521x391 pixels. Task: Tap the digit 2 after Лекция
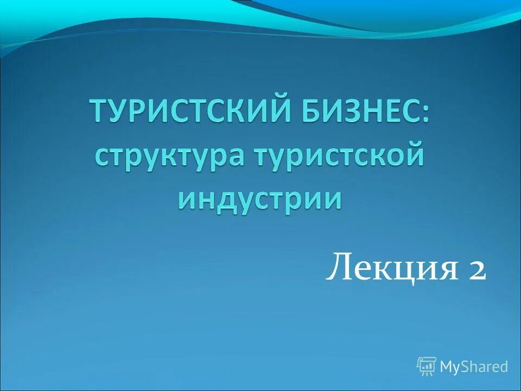tap(475, 269)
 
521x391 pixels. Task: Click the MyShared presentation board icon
tap(427, 367)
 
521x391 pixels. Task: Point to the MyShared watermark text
tap(474, 367)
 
